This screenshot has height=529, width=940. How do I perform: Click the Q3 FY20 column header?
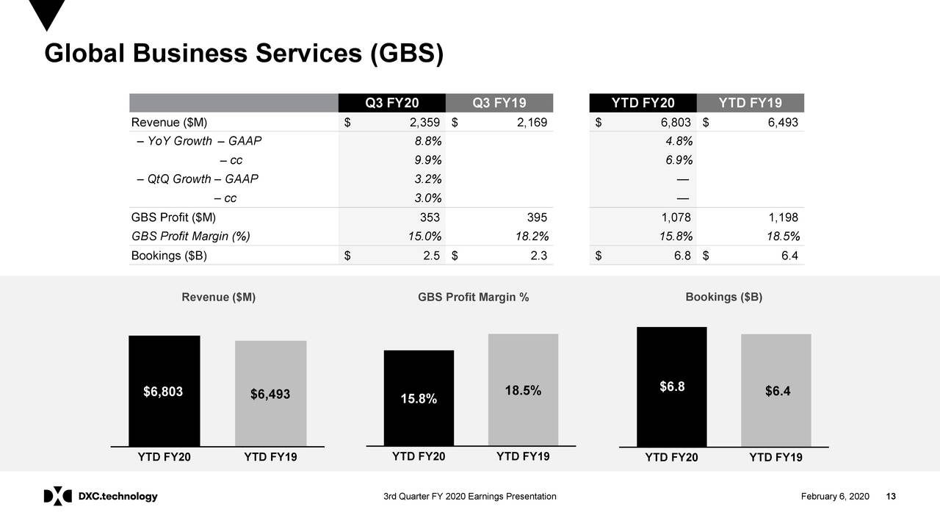[392, 103]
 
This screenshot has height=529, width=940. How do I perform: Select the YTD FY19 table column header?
[750, 103]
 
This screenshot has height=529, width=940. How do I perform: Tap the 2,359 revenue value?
[425, 122]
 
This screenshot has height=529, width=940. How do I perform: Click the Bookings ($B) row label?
[169, 256]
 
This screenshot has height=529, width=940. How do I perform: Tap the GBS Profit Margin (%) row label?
[190, 237]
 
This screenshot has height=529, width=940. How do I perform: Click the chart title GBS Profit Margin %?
[474, 298]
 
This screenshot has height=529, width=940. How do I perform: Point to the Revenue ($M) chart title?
[219, 298]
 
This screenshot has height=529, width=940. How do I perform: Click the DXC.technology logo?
[101, 497]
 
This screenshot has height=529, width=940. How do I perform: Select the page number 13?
[892, 497]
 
